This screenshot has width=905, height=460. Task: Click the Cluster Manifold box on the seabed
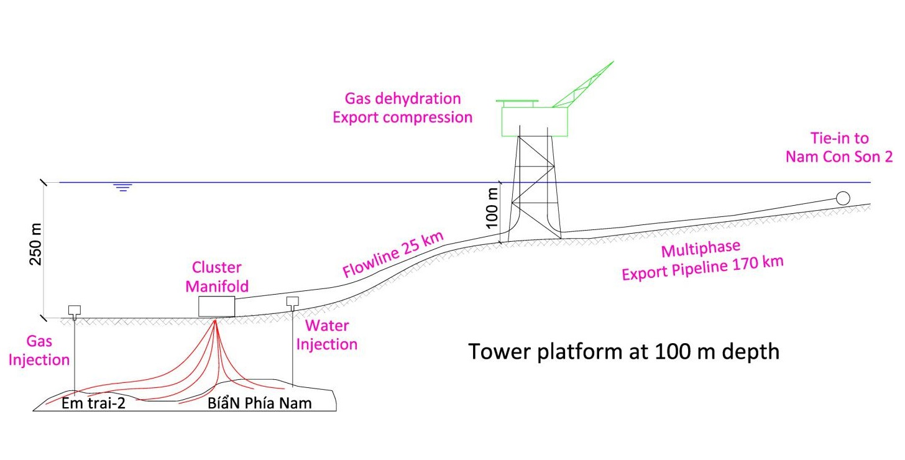pos(217,306)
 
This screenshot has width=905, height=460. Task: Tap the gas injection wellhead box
pos(75,310)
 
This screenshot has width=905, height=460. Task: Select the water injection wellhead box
pos(293,301)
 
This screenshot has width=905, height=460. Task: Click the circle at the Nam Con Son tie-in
pos(843,198)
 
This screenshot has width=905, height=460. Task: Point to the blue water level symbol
pos(123,187)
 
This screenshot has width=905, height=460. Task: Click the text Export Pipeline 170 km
pos(702,269)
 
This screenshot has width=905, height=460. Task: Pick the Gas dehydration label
pos(402,99)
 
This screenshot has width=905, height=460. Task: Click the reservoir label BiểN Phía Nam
pos(259,403)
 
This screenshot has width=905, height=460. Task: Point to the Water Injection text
pos(326,334)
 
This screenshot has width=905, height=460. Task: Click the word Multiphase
pos(701,251)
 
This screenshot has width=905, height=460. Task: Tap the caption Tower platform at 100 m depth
pos(623,352)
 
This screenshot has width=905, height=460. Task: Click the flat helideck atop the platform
pos(517,102)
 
